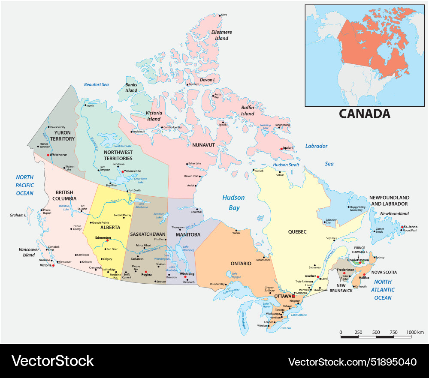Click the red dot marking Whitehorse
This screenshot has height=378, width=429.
(48, 155)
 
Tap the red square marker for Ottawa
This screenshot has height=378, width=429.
(293, 296)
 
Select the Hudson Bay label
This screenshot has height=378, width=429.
(233, 203)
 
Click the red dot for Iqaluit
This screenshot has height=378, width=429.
(281, 149)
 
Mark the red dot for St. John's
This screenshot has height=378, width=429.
(402, 227)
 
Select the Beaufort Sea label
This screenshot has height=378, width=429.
(97, 85)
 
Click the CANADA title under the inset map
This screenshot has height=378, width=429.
(364, 114)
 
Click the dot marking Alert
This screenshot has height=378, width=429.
(221, 15)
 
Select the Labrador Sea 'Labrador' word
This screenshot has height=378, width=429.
(316, 146)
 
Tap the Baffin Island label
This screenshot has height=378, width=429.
(248, 111)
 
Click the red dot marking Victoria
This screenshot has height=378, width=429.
(53, 266)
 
